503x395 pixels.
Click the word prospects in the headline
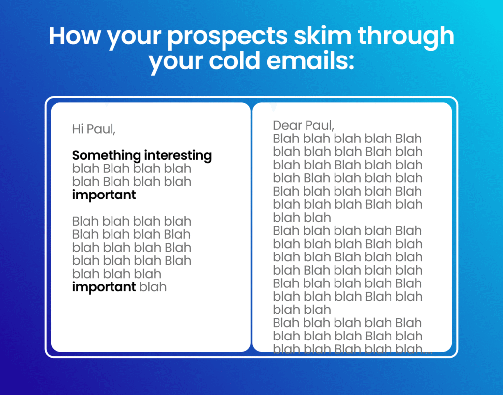click(227, 37)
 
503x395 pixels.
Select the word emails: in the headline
click(310, 60)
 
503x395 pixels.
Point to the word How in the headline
click(75, 35)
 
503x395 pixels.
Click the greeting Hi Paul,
click(94, 129)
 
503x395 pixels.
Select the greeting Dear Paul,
click(304, 125)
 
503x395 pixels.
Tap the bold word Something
click(107, 156)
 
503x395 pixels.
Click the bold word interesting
click(178, 156)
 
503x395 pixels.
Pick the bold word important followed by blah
click(104, 287)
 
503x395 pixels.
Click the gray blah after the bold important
click(153, 287)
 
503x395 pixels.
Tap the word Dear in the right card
click(287, 125)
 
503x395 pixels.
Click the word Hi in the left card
click(78, 129)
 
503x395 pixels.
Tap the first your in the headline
click(134, 38)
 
